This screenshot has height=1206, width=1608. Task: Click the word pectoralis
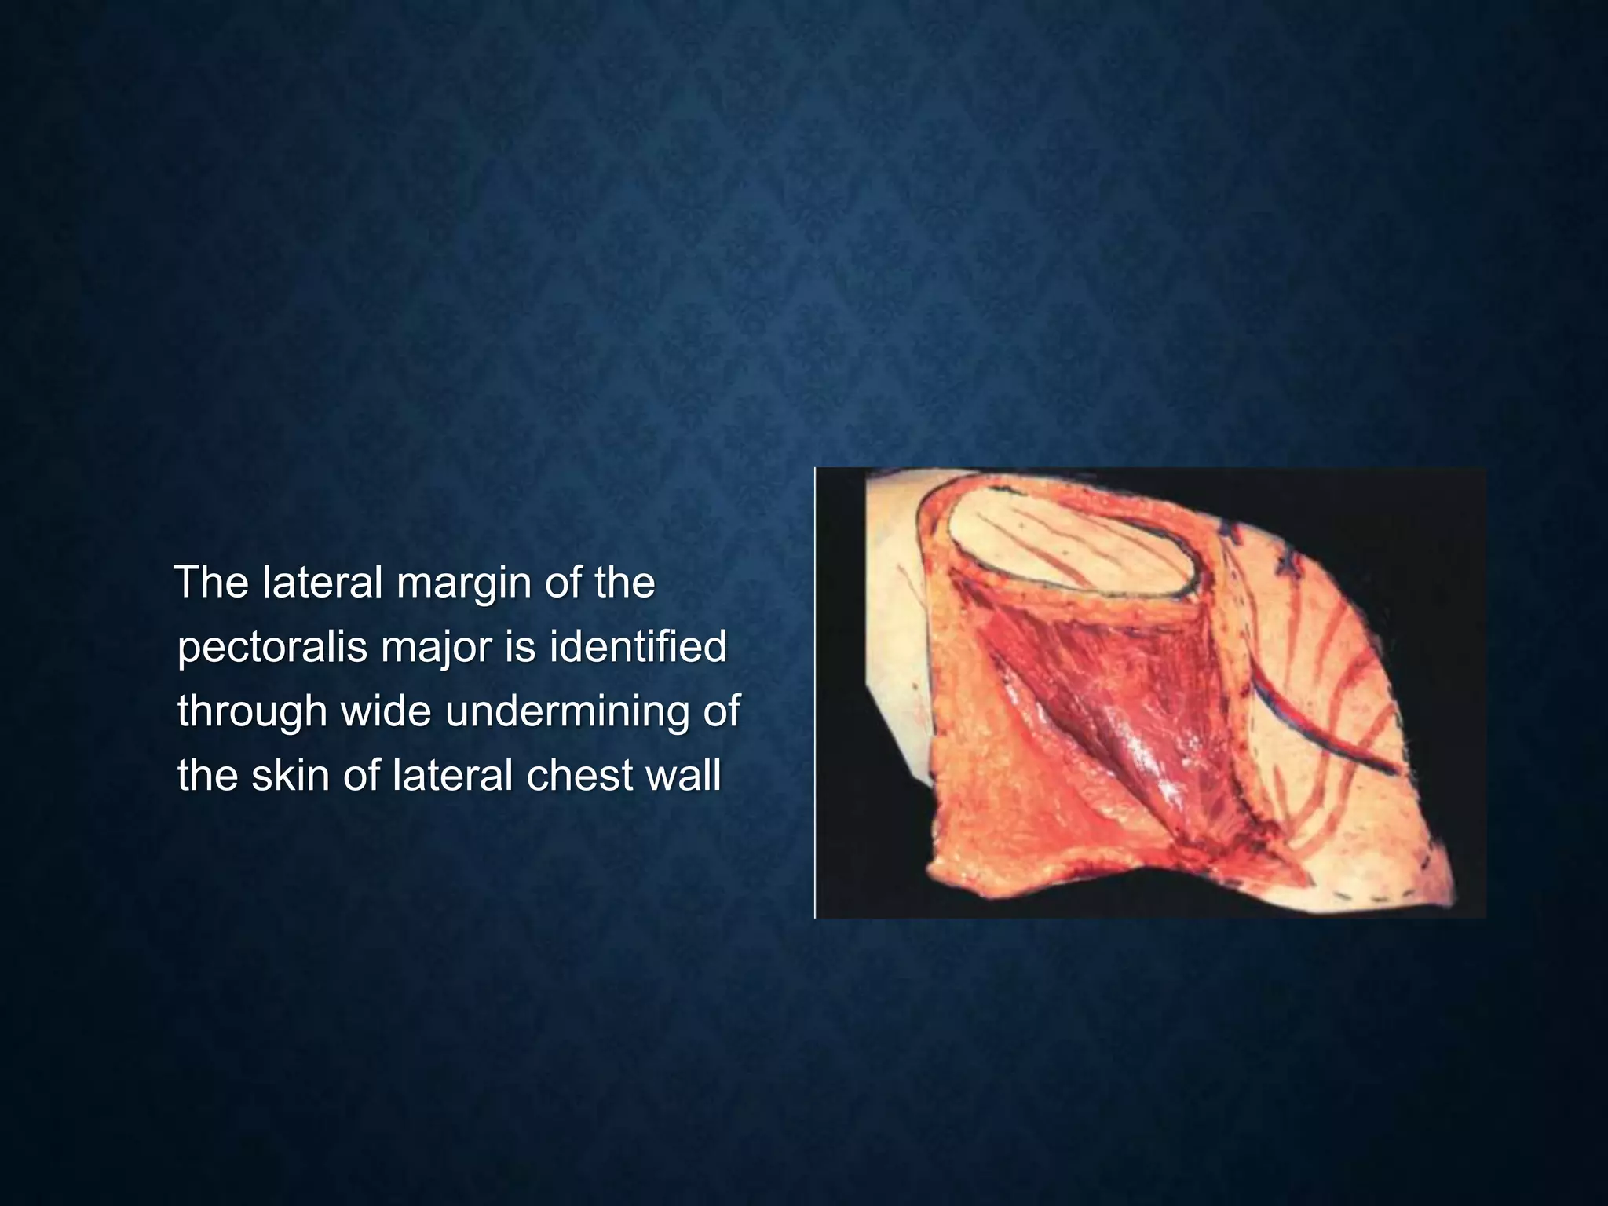tap(272, 648)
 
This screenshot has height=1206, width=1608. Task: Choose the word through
tap(251, 711)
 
